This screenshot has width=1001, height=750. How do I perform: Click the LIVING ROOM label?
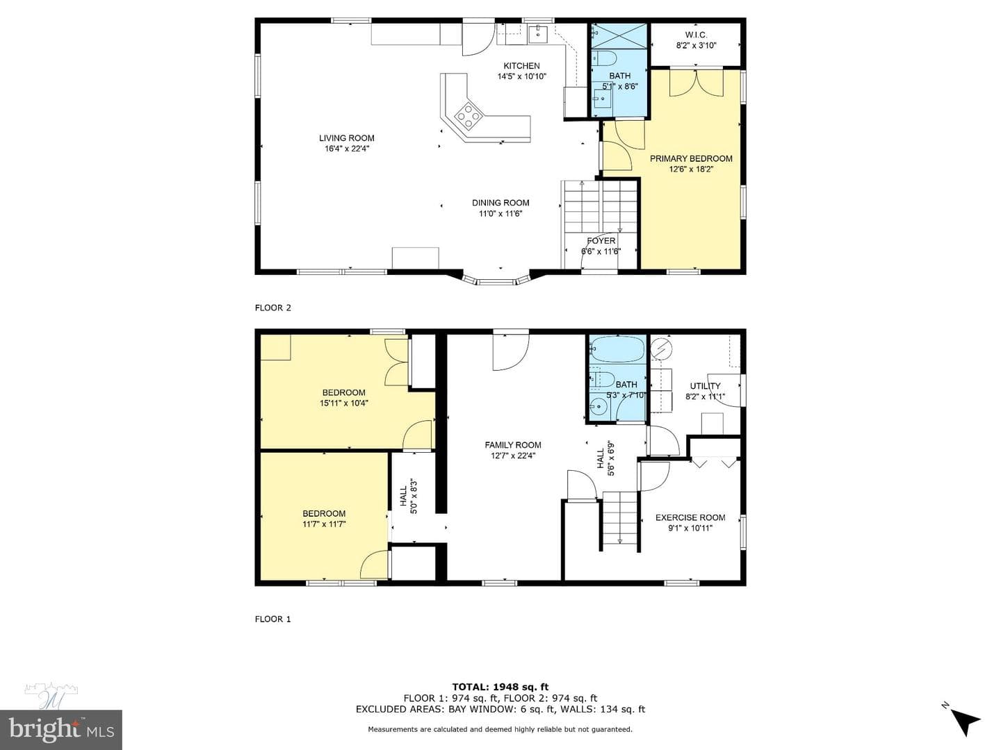(x=347, y=138)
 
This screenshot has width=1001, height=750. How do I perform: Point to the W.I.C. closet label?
(x=696, y=35)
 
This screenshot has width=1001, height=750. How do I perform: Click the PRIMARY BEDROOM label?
(x=691, y=158)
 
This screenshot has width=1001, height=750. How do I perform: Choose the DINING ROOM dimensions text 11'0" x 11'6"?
(x=500, y=214)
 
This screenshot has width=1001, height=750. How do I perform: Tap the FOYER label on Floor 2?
(x=601, y=240)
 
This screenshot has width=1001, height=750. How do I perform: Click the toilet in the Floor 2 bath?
(x=604, y=59)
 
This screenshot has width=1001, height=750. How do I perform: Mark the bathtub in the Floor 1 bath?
(x=617, y=349)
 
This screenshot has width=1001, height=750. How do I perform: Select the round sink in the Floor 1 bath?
(x=598, y=406)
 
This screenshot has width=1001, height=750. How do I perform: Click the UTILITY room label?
(x=705, y=385)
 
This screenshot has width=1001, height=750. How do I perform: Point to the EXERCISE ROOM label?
(x=690, y=517)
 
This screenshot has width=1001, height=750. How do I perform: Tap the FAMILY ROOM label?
(x=513, y=445)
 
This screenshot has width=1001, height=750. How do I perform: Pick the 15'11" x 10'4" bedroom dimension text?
(x=344, y=403)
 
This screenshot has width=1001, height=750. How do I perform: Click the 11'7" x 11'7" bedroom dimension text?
(x=324, y=524)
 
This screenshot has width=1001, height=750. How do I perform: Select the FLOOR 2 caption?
(x=272, y=308)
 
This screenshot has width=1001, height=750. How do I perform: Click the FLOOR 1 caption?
(x=272, y=619)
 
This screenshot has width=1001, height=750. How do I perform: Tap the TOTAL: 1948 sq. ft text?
(x=500, y=687)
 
